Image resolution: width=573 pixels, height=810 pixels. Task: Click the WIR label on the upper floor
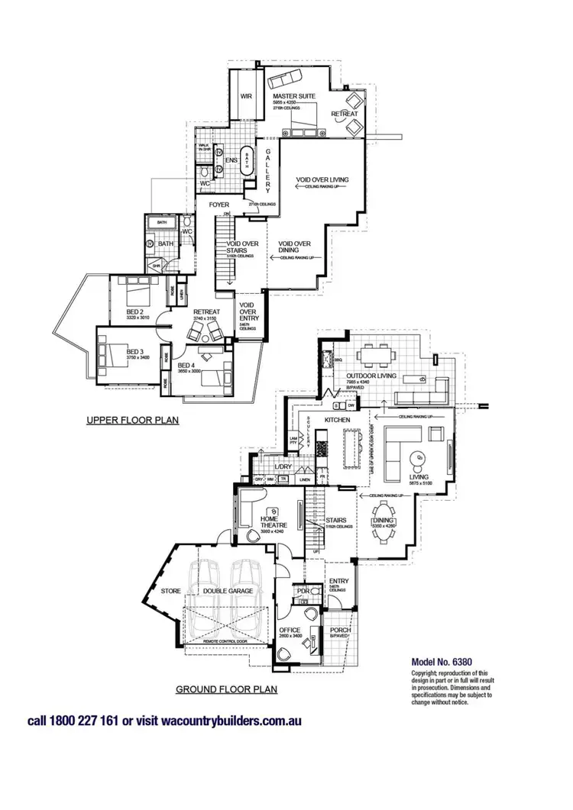pos(246,97)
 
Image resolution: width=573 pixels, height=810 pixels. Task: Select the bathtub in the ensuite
pos(248,162)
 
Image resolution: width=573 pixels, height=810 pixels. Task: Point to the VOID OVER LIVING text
pos(322,180)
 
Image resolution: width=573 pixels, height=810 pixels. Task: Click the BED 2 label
pos(136,311)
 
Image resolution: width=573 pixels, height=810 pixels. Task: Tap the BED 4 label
pos(187,366)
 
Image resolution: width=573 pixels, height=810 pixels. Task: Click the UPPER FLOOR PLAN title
pos(132,420)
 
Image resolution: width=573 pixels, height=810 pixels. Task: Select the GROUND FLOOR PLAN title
pos(227,689)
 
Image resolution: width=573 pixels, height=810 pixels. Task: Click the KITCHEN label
pos(337,421)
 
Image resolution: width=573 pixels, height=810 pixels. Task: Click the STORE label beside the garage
pos(170,590)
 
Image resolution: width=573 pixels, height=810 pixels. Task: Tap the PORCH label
pos(340,631)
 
